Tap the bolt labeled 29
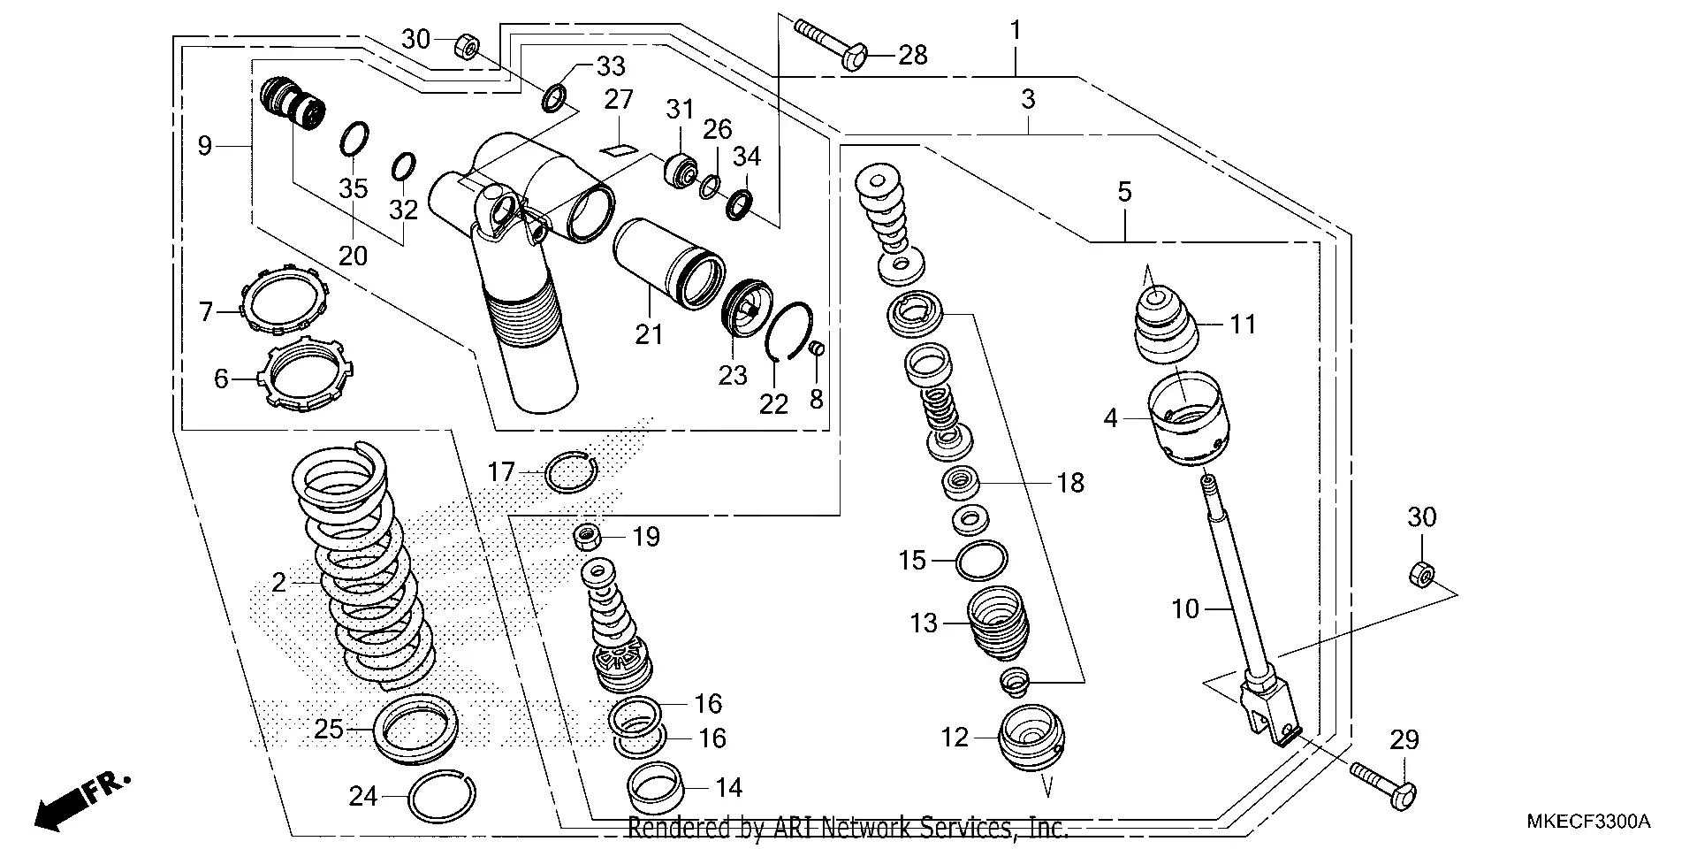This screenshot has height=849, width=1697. coord(1383,782)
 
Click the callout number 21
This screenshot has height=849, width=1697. coord(649,334)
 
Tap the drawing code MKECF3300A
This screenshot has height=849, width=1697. coord(1588,822)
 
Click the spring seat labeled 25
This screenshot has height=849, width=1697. coord(415,728)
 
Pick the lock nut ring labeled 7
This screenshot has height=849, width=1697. coord(285,301)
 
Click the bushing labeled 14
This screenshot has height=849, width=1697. coord(658,786)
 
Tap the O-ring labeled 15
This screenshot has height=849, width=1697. coord(981,560)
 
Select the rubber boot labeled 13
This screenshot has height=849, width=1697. coord(999,623)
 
